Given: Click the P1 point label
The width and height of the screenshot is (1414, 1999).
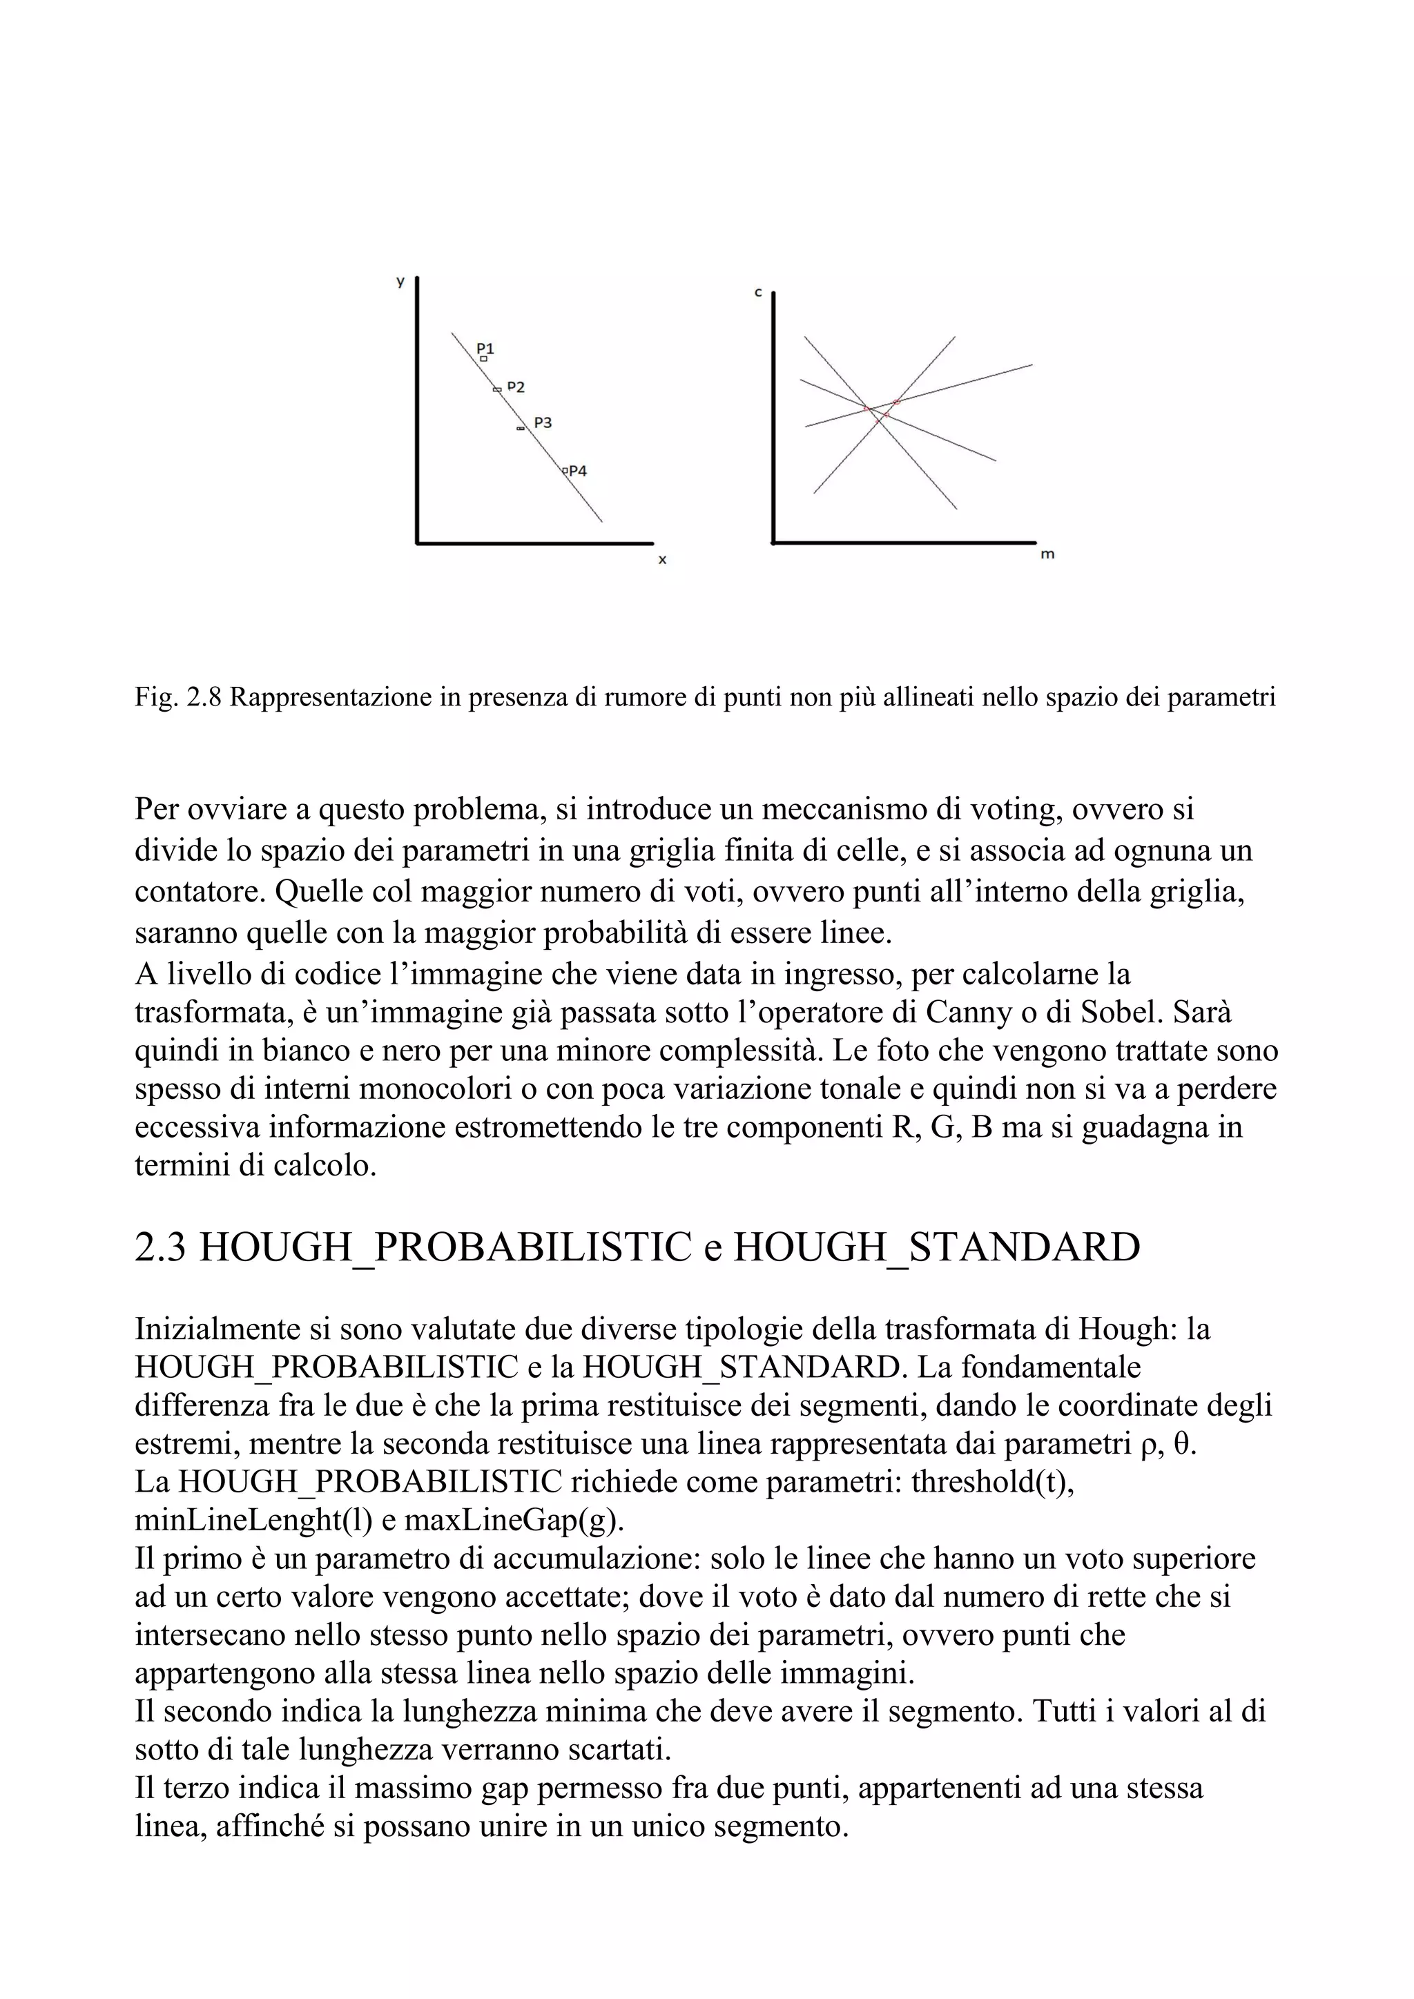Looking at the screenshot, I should (485, 349).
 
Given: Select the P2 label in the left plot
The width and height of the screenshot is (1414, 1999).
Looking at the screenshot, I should (516, 387).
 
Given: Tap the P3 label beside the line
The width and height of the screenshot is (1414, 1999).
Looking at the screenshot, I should (543, 422).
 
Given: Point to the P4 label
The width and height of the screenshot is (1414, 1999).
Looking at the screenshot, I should (577, 470).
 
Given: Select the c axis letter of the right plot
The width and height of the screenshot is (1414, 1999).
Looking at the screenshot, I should (757, 293).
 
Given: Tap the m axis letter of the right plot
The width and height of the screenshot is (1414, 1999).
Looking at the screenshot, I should (1047, 554).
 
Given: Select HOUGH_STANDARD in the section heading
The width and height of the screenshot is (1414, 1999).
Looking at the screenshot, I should (936, 1247).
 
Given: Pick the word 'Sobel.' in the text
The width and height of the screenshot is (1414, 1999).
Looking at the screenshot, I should (1121, 1013).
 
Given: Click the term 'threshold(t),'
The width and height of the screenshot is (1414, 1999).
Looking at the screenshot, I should (993, 1481).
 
